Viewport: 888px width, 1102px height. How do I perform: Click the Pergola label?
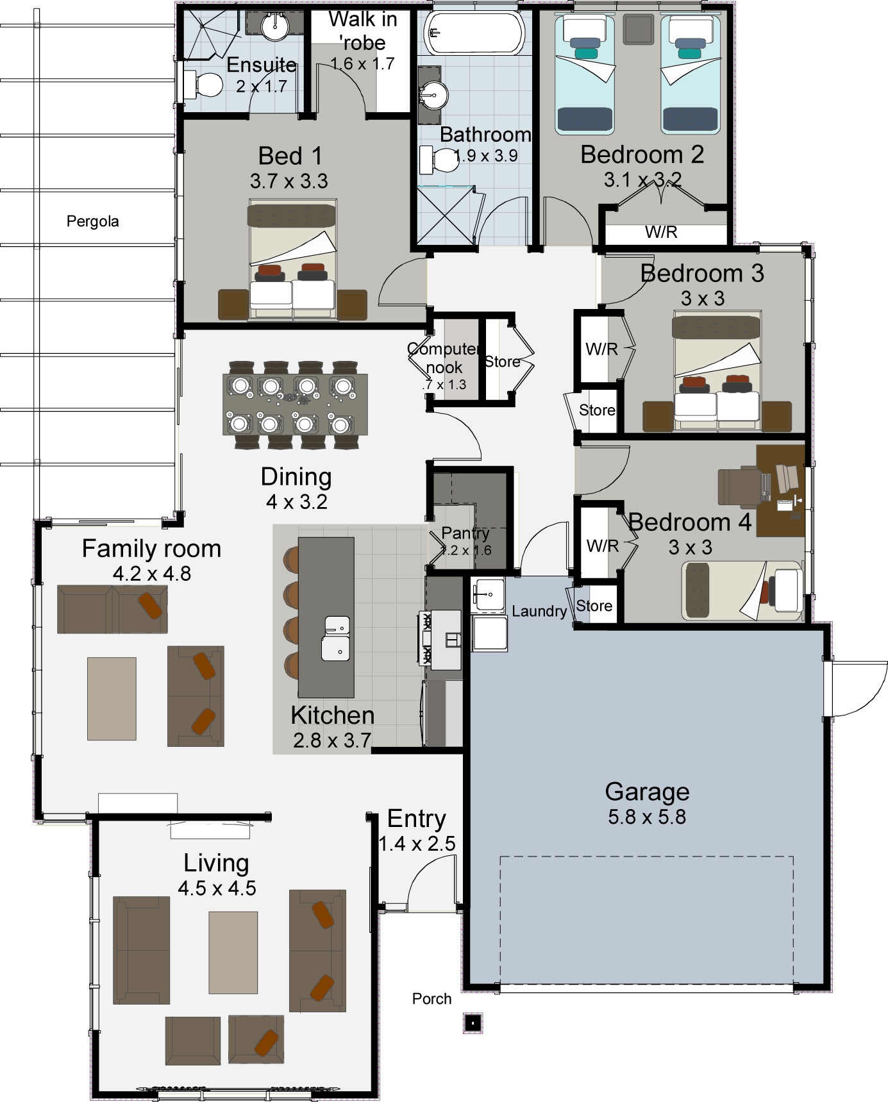tap(92, 222)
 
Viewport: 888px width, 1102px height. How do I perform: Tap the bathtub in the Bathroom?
tap(475, 33)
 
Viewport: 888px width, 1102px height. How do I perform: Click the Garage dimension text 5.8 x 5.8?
tap(647, 817)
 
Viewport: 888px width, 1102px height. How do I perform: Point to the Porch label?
tap(431, 999)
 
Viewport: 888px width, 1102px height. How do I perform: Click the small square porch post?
tap(473, 1023)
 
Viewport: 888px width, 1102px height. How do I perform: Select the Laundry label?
tap(539, 612)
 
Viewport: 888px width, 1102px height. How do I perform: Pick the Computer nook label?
tap(444, 358)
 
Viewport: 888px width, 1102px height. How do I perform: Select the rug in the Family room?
tap(112, 698)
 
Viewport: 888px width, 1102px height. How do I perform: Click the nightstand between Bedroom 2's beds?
tap(638, 29)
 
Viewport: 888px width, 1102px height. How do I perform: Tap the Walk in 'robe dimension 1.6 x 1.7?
tap(362, 64)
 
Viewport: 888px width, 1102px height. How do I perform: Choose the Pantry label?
tap(465, 533)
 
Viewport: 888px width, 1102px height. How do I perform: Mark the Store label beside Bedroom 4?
tap(594, 606)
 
